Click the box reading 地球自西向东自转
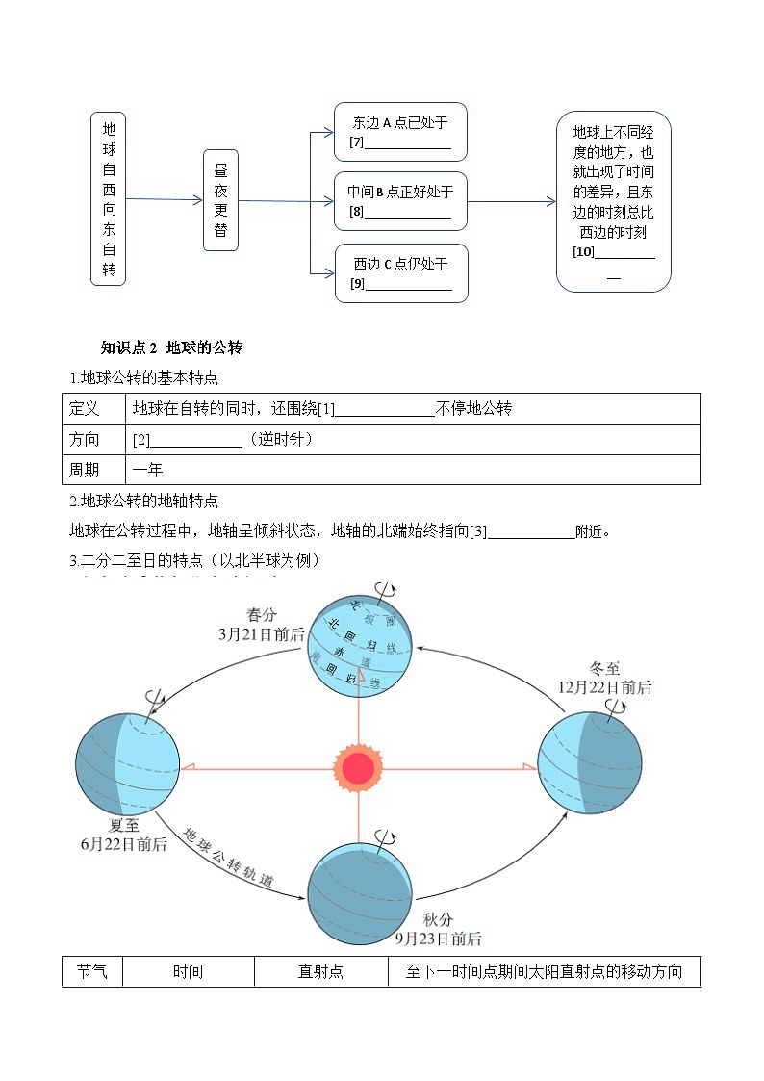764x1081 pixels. (x=109, y=198)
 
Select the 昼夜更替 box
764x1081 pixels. (x=220, y=200)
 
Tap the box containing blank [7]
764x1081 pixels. (x=400, y=132)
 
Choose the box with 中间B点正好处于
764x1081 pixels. (x=400, y=201)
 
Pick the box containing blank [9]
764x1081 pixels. (x=400, y=272)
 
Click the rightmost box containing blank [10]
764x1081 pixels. (x=613, y=200)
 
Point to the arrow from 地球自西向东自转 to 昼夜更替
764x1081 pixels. (x=164, y=200)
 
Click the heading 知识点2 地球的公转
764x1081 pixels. (x=177, y=347)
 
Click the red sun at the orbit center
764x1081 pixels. (x=358, y=768)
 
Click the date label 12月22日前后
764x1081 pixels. (x=604, y=687)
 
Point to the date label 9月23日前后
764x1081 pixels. (x=439, y=939)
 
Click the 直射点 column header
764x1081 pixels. (x=321, y=972)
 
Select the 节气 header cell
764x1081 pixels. (x=91, y=972)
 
